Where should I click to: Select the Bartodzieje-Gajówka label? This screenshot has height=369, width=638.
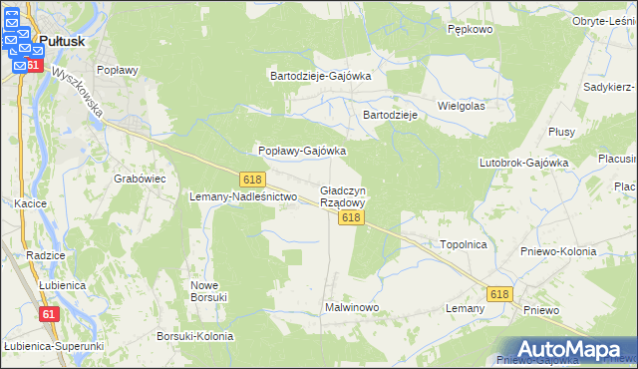[321, 76]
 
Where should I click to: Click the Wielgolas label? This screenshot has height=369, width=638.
[461, 105]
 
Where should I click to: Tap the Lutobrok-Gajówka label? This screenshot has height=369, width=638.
[523, 162]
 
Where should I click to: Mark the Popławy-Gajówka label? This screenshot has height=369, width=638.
[302, 151]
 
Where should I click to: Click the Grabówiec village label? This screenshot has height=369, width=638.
[140, 179]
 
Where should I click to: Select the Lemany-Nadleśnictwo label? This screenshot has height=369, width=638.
[244, 197]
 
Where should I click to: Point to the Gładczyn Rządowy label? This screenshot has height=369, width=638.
[343, 195]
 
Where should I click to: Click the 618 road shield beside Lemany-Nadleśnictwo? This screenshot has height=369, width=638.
[252, 179]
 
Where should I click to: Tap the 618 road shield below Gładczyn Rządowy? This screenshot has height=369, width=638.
[349, 217]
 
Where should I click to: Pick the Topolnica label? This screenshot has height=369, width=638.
[463, 243]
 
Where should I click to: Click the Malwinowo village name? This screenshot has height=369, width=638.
[352, 307]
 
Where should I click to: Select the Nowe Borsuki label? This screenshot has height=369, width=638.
[210, 291]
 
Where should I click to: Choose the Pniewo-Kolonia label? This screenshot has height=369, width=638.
[558, 251]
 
